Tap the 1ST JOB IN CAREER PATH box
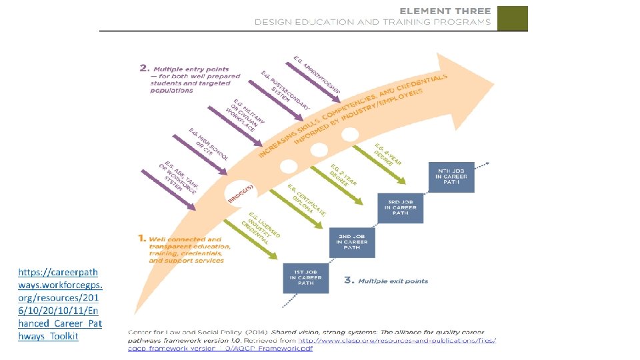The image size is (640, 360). [x=305, y=278]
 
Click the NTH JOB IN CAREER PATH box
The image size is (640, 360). [x=452, y=176]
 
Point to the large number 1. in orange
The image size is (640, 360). [x=141, y=238]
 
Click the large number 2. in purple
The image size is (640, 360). [x=144, y=68]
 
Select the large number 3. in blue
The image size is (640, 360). [x=348, y=281]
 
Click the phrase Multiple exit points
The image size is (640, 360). [x=393, y=281]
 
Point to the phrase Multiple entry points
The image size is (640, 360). [x=191, y=69]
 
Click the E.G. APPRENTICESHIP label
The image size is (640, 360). [x=317, y=74]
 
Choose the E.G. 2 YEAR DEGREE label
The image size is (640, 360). [x=343, y=175]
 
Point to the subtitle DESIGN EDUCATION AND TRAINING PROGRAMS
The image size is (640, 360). [x=372, y=22]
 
